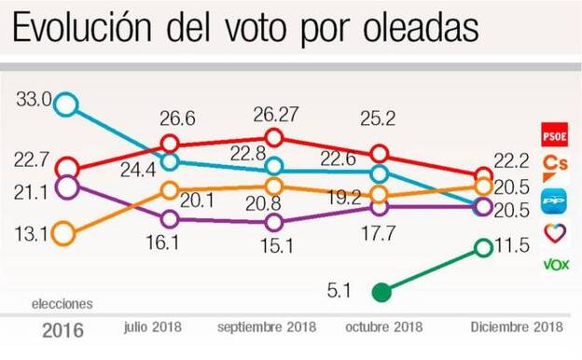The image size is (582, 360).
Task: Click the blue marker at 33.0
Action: pyautogui.click(x=64, y=104)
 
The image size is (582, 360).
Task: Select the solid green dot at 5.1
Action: pyautogui.click(x=380, y=293)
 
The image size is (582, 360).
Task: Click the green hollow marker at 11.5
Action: pyautogui.click(x=483, y=247)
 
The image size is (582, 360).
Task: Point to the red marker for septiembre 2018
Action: pyautogui.click(x=274, y=138)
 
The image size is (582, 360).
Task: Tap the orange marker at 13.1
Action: pyautogui.click(x=63, y=233)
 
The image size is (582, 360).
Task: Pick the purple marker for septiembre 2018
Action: pyautogui.click(x=274, y=222)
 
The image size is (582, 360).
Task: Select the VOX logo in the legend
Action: pyautogui.click(x=556, y=265)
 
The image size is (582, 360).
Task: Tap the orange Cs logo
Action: pyautogui.click(x=556, y=165)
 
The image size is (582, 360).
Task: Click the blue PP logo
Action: pyautogui.click(x=556, y=199)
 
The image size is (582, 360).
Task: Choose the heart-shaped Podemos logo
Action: pyautogui.click(x=556, y=232)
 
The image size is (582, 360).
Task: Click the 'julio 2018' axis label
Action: pyautogui.click(x=152, y=328)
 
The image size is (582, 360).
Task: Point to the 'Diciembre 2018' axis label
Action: pyautogui.click(x=516, y=328)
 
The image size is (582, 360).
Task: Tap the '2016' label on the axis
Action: pyautogui.click(x=62, y=330)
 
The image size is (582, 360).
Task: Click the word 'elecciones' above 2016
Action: pyautogui.click(x=62, y=304)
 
